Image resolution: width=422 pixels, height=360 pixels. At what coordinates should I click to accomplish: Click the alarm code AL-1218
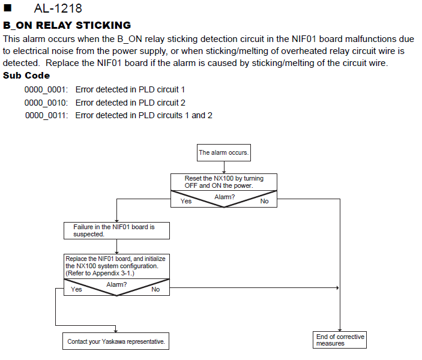(58, 8)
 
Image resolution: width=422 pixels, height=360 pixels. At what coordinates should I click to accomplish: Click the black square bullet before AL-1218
(8, 8)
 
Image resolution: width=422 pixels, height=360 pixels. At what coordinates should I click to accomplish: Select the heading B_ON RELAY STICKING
(67, 25)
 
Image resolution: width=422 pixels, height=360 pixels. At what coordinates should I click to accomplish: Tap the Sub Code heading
(26, 76)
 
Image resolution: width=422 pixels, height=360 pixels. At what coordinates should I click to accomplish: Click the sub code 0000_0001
(46, 89)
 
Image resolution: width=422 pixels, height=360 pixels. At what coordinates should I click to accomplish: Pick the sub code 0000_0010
(46, 103)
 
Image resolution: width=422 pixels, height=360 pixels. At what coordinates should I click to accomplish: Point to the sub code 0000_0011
(47, 115)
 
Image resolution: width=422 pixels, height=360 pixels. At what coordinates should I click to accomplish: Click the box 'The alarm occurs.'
(224, 152)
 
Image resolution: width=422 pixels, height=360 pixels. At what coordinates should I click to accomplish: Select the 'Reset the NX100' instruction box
(224, 182)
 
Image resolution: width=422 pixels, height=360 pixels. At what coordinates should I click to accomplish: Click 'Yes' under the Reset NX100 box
(186, 201)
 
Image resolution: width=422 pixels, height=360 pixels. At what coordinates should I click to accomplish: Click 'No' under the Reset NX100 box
(264, 201)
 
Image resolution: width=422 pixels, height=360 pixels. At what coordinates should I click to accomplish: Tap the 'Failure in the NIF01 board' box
(116, 230)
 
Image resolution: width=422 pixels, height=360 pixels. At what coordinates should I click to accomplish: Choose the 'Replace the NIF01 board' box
(116, 266)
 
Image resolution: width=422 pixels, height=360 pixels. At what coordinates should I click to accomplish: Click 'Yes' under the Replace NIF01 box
(76, 289)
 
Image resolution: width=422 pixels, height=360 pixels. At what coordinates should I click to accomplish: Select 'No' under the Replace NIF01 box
(155, 289)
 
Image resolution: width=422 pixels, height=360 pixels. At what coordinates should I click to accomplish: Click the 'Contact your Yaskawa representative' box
(116, 341)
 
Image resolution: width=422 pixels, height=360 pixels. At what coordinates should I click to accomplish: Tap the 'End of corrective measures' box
(340, 340)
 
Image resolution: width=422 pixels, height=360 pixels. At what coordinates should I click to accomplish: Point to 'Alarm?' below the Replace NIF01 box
(116, 284)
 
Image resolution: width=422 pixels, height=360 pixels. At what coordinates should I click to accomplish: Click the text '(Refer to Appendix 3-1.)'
(100, 274)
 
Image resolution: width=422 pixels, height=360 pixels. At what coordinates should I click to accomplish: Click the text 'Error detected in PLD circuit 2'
(130, 103)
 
